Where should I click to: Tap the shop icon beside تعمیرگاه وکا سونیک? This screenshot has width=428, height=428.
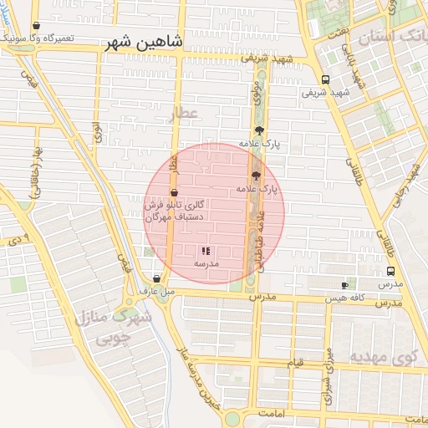tap(35, 27)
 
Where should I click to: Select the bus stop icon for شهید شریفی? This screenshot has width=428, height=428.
tap(325, 80)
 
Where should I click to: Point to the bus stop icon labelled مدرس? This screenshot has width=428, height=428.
tap(390, 271)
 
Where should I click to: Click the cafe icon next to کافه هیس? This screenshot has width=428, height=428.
tap(344, 285)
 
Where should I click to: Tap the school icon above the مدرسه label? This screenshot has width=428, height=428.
tap(206, 251)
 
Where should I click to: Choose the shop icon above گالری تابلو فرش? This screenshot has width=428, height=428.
tap(174, 193)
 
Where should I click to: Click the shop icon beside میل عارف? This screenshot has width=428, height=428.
tap(156, 279)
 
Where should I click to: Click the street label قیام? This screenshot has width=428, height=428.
tap(296, 364)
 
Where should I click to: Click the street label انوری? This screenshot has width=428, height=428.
tap(98, 132)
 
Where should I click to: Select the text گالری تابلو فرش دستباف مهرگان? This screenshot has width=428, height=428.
tap(176, 211)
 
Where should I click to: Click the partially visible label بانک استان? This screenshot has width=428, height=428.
tap(393, 37)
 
